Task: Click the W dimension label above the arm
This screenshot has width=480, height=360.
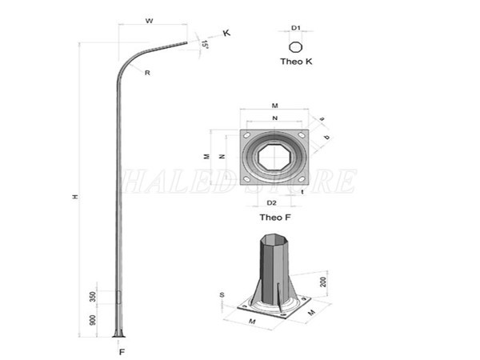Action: [x=150, y=21]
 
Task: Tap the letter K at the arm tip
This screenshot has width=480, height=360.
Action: [x=226, y=33]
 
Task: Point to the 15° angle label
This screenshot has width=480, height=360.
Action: [x=206, y=45]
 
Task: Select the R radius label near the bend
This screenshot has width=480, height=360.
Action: [x=149, y=73]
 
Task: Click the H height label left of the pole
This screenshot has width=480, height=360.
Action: [x=74, y=196]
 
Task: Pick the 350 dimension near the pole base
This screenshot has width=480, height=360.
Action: [x=94, y=295]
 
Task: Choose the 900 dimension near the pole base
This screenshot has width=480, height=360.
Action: [x=94, y=320]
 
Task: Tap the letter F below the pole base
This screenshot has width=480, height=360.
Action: [x=122, y=350]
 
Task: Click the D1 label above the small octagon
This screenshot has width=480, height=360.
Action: [x=295, y=28]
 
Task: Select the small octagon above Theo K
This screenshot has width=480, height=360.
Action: [x=295, y=46]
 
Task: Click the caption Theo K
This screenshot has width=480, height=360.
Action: [x=295, y=62]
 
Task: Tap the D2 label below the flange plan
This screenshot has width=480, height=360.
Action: [x=271, y=202]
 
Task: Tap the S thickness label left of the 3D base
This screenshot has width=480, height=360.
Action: [x=222, y=295]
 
